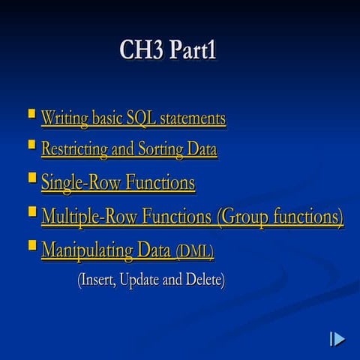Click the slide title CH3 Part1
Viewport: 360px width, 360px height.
click(x=168, y=50)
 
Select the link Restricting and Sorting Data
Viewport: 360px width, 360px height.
click(x=129, y=149)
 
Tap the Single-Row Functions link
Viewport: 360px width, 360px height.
click(x=118, y=182)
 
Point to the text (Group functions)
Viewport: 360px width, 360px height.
click(x=280, y=217)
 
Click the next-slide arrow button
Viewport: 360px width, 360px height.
click(x=337, y=339)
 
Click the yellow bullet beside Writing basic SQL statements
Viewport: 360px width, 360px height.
click(x=31, y=114)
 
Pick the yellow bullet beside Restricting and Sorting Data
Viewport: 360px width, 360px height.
click(x=31, y=145)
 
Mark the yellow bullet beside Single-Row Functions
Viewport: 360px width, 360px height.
click(x=31, y=178)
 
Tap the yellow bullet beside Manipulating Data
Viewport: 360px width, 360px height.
click(x=31, y=245)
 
